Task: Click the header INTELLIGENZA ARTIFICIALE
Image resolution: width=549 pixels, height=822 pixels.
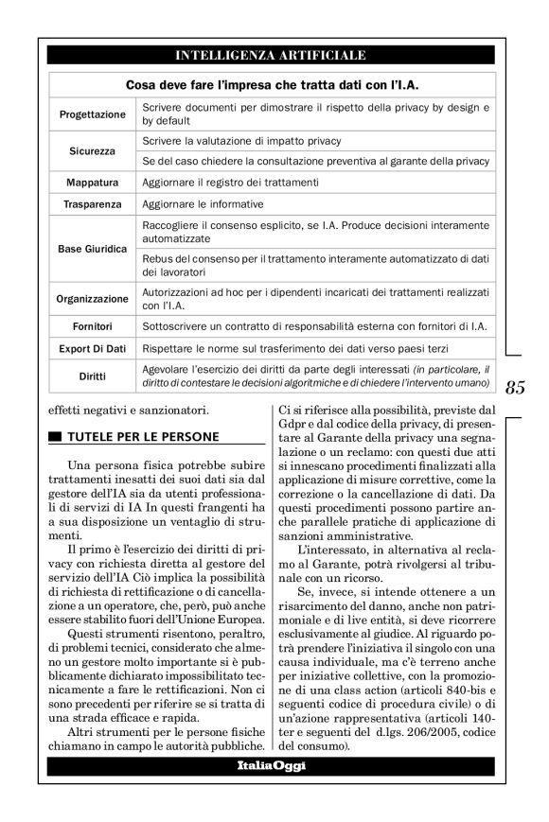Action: [x=271, y=56]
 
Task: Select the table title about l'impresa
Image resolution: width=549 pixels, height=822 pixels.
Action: [x=272, y=85]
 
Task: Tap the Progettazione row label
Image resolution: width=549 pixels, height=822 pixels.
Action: [x=92, y=114]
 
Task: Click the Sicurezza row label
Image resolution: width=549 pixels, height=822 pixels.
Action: [x=92, y=151]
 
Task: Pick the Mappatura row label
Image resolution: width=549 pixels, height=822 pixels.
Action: [x=92, y=182]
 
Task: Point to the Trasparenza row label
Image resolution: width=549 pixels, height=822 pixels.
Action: [x=92, y=204]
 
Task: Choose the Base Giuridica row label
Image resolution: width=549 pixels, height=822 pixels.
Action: [x=92, y=249]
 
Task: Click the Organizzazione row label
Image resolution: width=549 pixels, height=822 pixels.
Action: [x=92, y=299]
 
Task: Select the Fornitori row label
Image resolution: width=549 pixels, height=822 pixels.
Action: [x=92, y=326]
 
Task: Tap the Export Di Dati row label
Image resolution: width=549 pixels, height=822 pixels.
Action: [x=92, y=349]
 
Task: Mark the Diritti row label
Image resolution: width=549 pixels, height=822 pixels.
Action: [x=92, y=376]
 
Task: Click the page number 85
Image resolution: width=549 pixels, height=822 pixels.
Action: [x=516, y=386]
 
